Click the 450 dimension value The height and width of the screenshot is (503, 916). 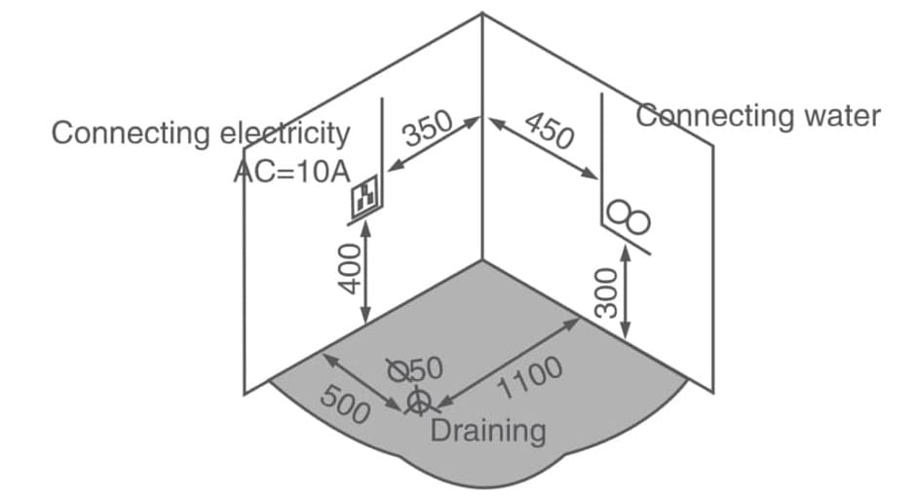click(549, 130)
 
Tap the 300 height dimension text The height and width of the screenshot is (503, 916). click(607, 293)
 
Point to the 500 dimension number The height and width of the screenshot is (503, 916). click(345, 406)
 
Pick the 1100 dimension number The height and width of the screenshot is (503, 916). click(531, 378)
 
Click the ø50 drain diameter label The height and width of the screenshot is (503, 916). click(416, 368)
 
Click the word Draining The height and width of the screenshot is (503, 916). click(487, 430)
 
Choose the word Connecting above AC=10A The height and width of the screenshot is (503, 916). click(130, 134)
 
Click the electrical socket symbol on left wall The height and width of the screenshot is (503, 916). click(365, 198)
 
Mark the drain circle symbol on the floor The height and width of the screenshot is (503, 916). click(418, 400)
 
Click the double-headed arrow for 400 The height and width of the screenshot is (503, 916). click(365, 274)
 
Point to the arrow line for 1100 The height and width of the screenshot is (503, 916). click(507, 360)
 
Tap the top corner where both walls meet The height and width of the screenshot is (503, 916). click(482, 14)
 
